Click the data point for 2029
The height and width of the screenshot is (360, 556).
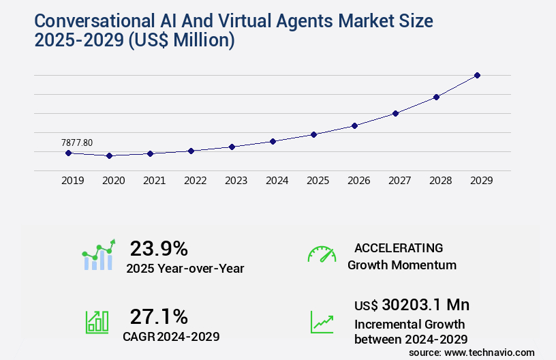[477, 75]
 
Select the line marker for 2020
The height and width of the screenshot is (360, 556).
[109, 155]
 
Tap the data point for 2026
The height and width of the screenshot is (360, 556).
[354, 125]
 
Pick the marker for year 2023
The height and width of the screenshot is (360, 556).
[232, 147]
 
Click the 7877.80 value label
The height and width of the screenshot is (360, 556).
[77, 142]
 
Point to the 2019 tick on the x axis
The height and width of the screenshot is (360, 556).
[72, 181]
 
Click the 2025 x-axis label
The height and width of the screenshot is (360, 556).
[318, 181]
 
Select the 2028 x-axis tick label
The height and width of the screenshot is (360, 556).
[440, 181]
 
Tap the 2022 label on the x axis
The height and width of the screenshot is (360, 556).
[195, 181]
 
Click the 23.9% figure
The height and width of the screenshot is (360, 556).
[159, 247]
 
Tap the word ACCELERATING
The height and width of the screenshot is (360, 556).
[399, 247]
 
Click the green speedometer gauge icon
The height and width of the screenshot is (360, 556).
[322, 254]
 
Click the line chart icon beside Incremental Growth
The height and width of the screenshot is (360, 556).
[322, 322]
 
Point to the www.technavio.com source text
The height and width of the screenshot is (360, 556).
[489, 352]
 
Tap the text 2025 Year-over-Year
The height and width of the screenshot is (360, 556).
[185, 269]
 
